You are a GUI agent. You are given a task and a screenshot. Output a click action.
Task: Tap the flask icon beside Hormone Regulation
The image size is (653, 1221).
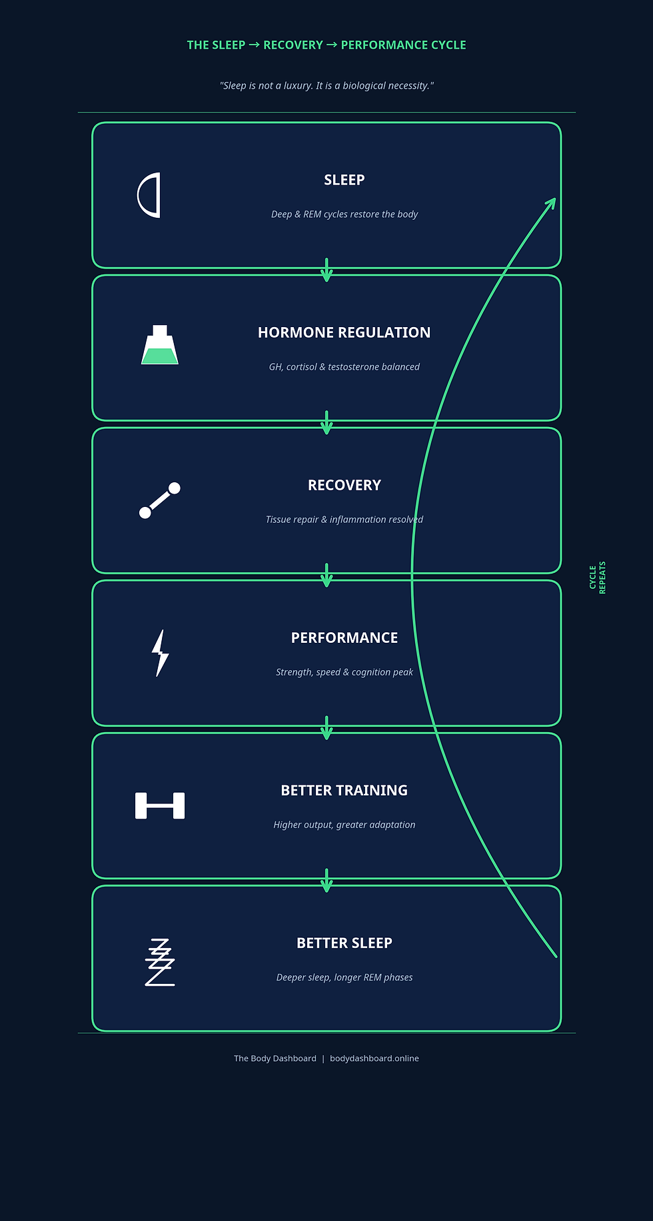click(160, 345)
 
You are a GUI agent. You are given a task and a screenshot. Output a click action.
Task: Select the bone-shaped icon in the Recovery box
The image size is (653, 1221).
click(160, 500)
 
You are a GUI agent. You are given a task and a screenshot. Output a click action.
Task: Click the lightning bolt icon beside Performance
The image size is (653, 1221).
click(160, 653)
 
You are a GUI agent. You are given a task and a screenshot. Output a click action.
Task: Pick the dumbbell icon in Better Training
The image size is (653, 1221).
click(160, 806)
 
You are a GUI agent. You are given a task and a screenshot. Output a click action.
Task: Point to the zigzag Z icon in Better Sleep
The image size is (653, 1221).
click(160, 962)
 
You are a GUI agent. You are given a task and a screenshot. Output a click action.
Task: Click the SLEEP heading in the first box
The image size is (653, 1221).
click(344, 180)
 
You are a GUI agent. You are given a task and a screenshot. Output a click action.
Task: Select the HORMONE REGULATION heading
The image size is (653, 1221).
click(344, 332)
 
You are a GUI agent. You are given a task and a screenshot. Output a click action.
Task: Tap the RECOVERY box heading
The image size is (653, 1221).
click(344, 485)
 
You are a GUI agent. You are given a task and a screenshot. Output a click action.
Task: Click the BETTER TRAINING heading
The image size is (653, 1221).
click(344, 791)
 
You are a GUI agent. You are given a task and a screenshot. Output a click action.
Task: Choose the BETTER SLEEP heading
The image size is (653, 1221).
click(344, 943)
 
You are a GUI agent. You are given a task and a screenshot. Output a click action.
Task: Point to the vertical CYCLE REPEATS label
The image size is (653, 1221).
click(598, 578)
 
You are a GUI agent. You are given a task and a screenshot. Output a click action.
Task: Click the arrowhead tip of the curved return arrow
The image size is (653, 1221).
click(555, 198)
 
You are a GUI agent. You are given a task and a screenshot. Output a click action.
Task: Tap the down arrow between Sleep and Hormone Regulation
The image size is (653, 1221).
click(326, 270)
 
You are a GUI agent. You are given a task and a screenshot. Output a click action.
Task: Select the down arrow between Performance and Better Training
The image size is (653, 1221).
click(326, 728)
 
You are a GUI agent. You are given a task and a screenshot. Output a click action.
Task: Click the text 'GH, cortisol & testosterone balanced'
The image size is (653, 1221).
click(344, 367)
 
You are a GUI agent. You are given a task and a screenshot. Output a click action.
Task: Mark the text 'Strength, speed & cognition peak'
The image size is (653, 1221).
click(344, 672)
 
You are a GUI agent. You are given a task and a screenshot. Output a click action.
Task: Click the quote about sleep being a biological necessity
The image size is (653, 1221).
click(326, 86)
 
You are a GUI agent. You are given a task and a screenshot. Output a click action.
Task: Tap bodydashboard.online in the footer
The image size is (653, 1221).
click(374, 1058)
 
